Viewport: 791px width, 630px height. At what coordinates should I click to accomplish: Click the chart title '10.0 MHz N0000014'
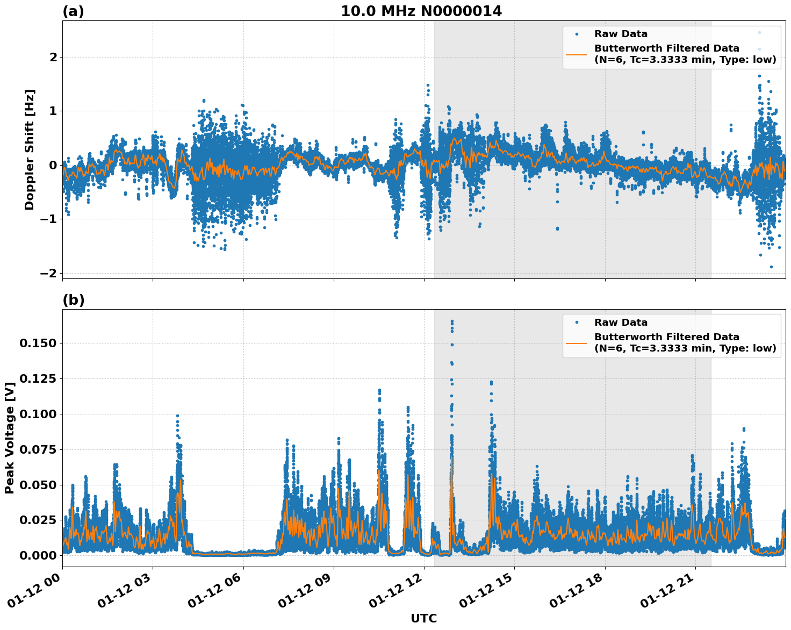click(x=421, y=11)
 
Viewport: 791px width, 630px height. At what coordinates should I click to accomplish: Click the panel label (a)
click(x=73, y=11)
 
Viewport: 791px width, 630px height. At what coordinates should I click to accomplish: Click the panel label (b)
click(x=73, y=300)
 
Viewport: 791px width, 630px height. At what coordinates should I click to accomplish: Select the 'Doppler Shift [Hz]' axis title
click(x=30, y=149)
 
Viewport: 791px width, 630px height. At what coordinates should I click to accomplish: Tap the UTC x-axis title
click(x=423, y=618)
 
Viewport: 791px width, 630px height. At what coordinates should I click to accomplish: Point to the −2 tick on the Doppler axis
click(x=48, y=273)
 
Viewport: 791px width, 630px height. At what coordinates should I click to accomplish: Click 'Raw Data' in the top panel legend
click(x=621, y=34)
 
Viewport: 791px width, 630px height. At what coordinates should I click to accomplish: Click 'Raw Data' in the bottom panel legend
click(x=621, y=323)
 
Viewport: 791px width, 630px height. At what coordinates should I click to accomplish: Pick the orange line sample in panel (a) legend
click(x=576, y=54)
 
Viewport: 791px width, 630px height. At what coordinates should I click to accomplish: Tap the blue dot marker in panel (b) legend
click(x=576, y=323)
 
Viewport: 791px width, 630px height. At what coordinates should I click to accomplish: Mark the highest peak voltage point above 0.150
click(x=452, y=321)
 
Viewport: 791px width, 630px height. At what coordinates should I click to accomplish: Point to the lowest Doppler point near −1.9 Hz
click(x=771, y=267)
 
